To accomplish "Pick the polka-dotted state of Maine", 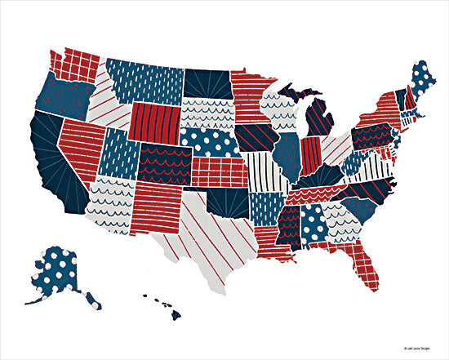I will (x=424, y=82).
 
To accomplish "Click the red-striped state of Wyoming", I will (x=154, y=122).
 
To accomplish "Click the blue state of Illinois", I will (x=283, y=154).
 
